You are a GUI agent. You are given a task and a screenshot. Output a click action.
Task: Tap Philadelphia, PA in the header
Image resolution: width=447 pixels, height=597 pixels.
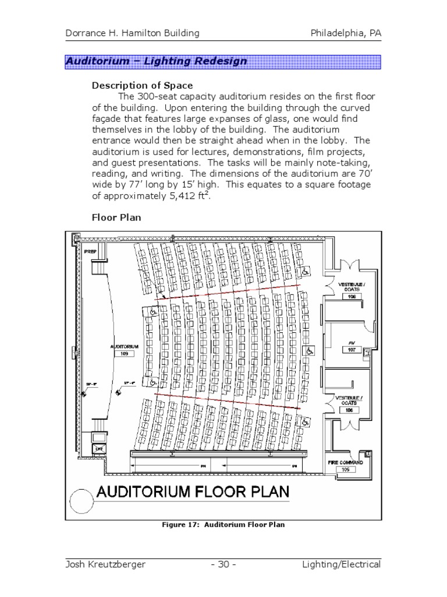pos(346,33)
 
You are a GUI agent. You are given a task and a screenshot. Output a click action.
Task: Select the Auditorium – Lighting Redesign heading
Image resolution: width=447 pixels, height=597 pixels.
pos(156,61)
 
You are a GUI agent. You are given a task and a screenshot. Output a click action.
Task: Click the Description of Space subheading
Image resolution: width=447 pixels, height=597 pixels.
pos(142,86)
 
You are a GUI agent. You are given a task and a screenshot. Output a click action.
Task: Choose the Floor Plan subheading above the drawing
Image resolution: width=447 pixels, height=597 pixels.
pos(116,217)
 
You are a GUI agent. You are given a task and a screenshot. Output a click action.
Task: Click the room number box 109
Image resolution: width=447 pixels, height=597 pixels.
pos(123,353)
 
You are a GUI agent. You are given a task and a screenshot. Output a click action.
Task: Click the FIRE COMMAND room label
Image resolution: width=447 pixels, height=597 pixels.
pos(345,462)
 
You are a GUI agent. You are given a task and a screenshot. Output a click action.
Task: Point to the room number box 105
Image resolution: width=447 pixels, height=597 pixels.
pos(345,469)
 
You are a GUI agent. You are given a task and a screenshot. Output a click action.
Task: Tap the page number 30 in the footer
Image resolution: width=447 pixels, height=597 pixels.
pos(224,564)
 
